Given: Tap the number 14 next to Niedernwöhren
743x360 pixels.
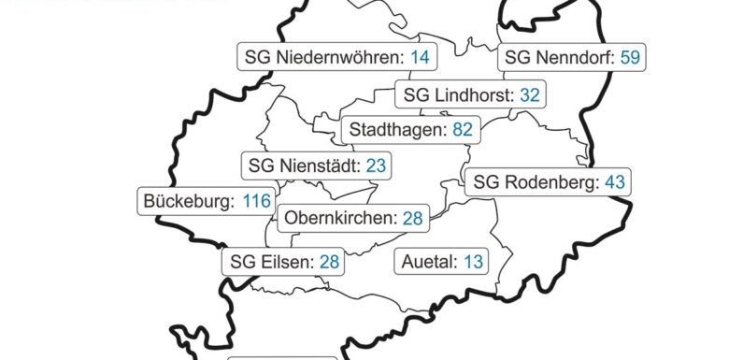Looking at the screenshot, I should (x=420, y=58).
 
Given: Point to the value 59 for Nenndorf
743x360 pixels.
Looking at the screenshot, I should (x=629, y=58).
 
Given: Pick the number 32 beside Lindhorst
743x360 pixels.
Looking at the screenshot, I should (x=530, y=94).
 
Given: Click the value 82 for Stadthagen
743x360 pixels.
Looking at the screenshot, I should (x=462, y=130).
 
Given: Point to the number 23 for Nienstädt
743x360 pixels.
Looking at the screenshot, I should (x=376, y=166).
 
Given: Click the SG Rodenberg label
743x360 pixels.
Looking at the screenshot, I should (x=535, y=182).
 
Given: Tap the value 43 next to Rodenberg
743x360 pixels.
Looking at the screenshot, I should (x=614, y=182).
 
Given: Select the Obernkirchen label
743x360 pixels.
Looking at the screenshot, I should (x=340, y=219).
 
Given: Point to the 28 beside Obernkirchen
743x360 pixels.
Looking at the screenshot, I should (x=412, y=219).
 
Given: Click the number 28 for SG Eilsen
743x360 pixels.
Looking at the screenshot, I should (x=329, y=261).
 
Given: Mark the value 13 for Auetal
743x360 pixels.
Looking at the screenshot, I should (x=474, y=261).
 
